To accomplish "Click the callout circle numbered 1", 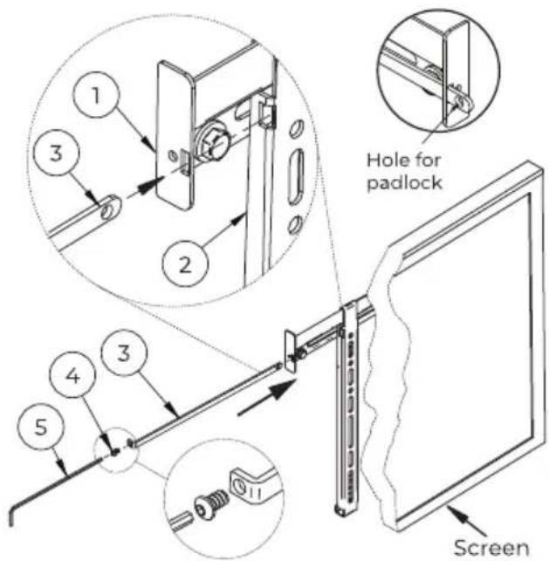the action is (x=95, y=94).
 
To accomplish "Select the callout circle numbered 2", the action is (x=185, y=263).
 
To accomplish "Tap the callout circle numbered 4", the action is (x=72, y=374).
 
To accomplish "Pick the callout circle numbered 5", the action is (x=41, y=427).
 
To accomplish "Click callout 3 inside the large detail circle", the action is (x=56, y=153).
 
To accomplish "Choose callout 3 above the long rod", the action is (x=124, y=352).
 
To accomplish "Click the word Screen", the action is (x=491, y=547).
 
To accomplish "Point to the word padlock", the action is (x=404, y=182).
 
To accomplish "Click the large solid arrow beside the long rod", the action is (x=267, y=398).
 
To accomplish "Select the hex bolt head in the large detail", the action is (x=209, y=145).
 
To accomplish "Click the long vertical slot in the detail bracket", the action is (x=296, y=177).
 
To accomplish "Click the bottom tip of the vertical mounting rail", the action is (x=340, y=513).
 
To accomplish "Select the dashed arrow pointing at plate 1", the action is (x=142, y=188).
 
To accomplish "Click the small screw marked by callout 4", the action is (x=114, y=452).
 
